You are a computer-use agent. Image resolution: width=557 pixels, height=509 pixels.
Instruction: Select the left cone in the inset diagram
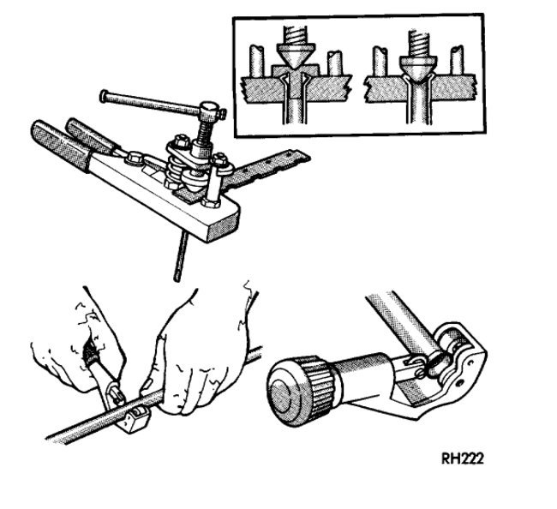(294, 59)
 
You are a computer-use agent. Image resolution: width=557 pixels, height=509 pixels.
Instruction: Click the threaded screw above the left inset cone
(294, 33)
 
